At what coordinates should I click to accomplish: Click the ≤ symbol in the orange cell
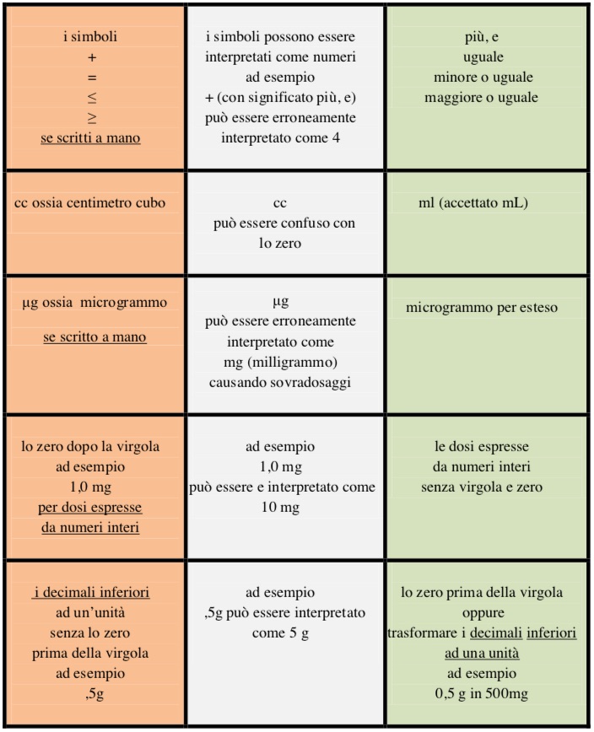point(92,98)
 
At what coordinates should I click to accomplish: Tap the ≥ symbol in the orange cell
point(92,119)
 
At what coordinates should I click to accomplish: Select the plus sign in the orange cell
point(92,57)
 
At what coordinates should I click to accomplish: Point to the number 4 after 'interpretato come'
point(335,138)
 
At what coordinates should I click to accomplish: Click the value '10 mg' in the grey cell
point(283,509)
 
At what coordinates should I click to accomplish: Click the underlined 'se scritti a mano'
point(90,138)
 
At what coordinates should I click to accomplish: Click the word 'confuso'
point(301,223)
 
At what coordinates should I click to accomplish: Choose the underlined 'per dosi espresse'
point(92,509)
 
